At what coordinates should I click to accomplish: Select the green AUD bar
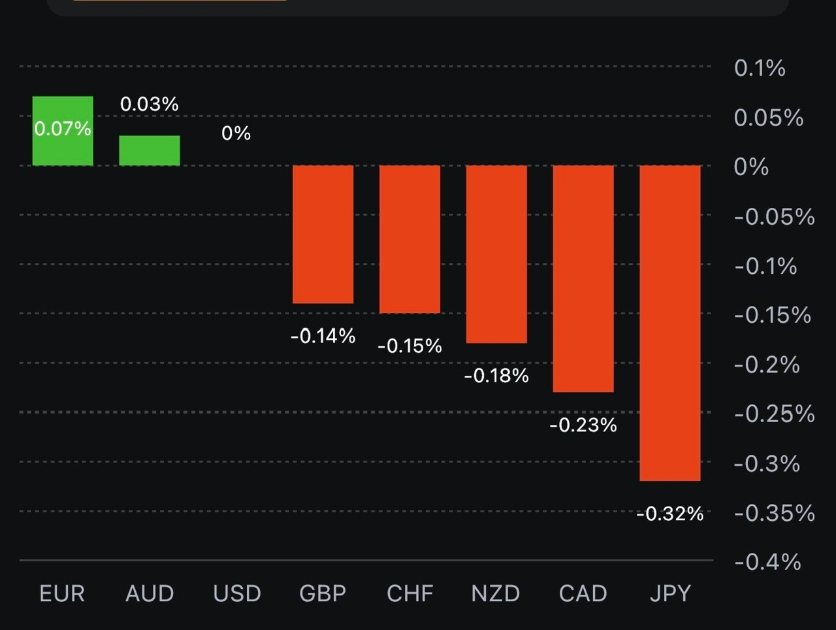tap(150, 151)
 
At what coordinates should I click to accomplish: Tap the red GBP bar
tap(323, 234)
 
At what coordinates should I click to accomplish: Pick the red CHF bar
tap(410, 239)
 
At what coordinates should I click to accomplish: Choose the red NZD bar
tap(496, 254)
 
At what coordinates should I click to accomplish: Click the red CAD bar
tap(583, 278)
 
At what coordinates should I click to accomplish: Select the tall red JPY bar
tap(670, 323)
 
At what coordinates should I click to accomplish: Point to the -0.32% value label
tap(670, 514)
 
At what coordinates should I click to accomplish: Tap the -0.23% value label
tap(583, 425)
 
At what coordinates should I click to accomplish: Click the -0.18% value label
tap(496, 376)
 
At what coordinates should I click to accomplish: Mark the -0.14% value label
tap(323, 337)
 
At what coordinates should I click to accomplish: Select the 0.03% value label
tap(150, 104)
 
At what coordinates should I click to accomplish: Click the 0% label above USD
tap(236, 133)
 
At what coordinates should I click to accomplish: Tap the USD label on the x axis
tap(236, 593)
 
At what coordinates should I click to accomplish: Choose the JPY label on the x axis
tap(670, 593)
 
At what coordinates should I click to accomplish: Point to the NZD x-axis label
tap(496, 593)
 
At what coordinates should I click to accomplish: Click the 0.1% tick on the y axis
tap(760, 68)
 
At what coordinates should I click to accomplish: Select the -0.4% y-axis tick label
tap(767, 562)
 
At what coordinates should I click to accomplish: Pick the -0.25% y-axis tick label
tap(774, 414)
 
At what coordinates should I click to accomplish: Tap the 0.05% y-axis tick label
tap(768, 118)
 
